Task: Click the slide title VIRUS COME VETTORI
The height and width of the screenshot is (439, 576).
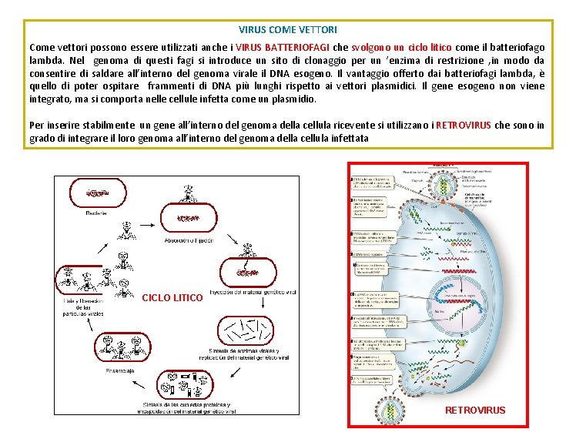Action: [x=288, y=30]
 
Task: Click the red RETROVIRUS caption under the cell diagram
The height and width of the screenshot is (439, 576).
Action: [x=475, y=411]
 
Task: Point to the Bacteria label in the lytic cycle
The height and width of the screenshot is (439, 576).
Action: [x=97, y=213]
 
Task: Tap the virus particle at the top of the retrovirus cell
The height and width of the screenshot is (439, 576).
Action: [x=443, y=174]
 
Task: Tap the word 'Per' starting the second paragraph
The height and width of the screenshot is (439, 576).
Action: [x=36, y=126]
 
